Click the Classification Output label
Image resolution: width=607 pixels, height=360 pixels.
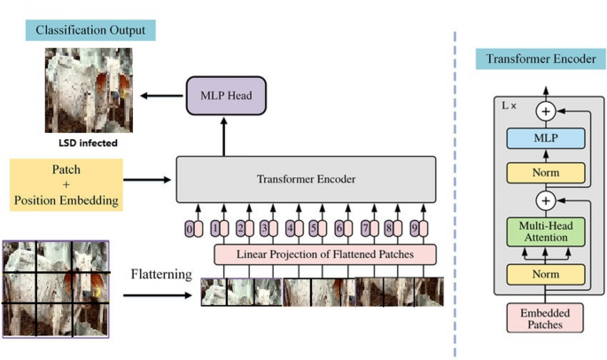coord(89,30)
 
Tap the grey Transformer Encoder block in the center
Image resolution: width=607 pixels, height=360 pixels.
coord(306,180)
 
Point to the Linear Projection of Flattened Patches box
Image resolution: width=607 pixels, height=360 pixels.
coord(325,255)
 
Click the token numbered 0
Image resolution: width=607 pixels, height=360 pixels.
coord(190,229)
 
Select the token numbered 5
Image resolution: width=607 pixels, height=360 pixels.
coord(314,229)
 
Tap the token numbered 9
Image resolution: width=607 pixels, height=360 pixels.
coord(414,229)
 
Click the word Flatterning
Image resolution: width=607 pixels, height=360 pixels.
coord(160,275)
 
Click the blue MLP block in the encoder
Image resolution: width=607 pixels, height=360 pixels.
coord(546,139)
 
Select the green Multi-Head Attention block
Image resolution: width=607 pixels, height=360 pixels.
coord(546,232)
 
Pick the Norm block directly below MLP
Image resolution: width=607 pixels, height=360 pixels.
coord(546,171)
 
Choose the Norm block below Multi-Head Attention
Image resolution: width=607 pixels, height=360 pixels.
coord(546,276)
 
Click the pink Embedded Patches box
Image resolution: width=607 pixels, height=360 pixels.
coord(546,318)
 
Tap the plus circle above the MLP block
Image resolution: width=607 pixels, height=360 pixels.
coord(546,111)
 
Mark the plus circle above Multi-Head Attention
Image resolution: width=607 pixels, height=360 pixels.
coord(546,200)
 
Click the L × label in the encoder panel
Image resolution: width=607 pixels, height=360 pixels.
coord(510,106)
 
